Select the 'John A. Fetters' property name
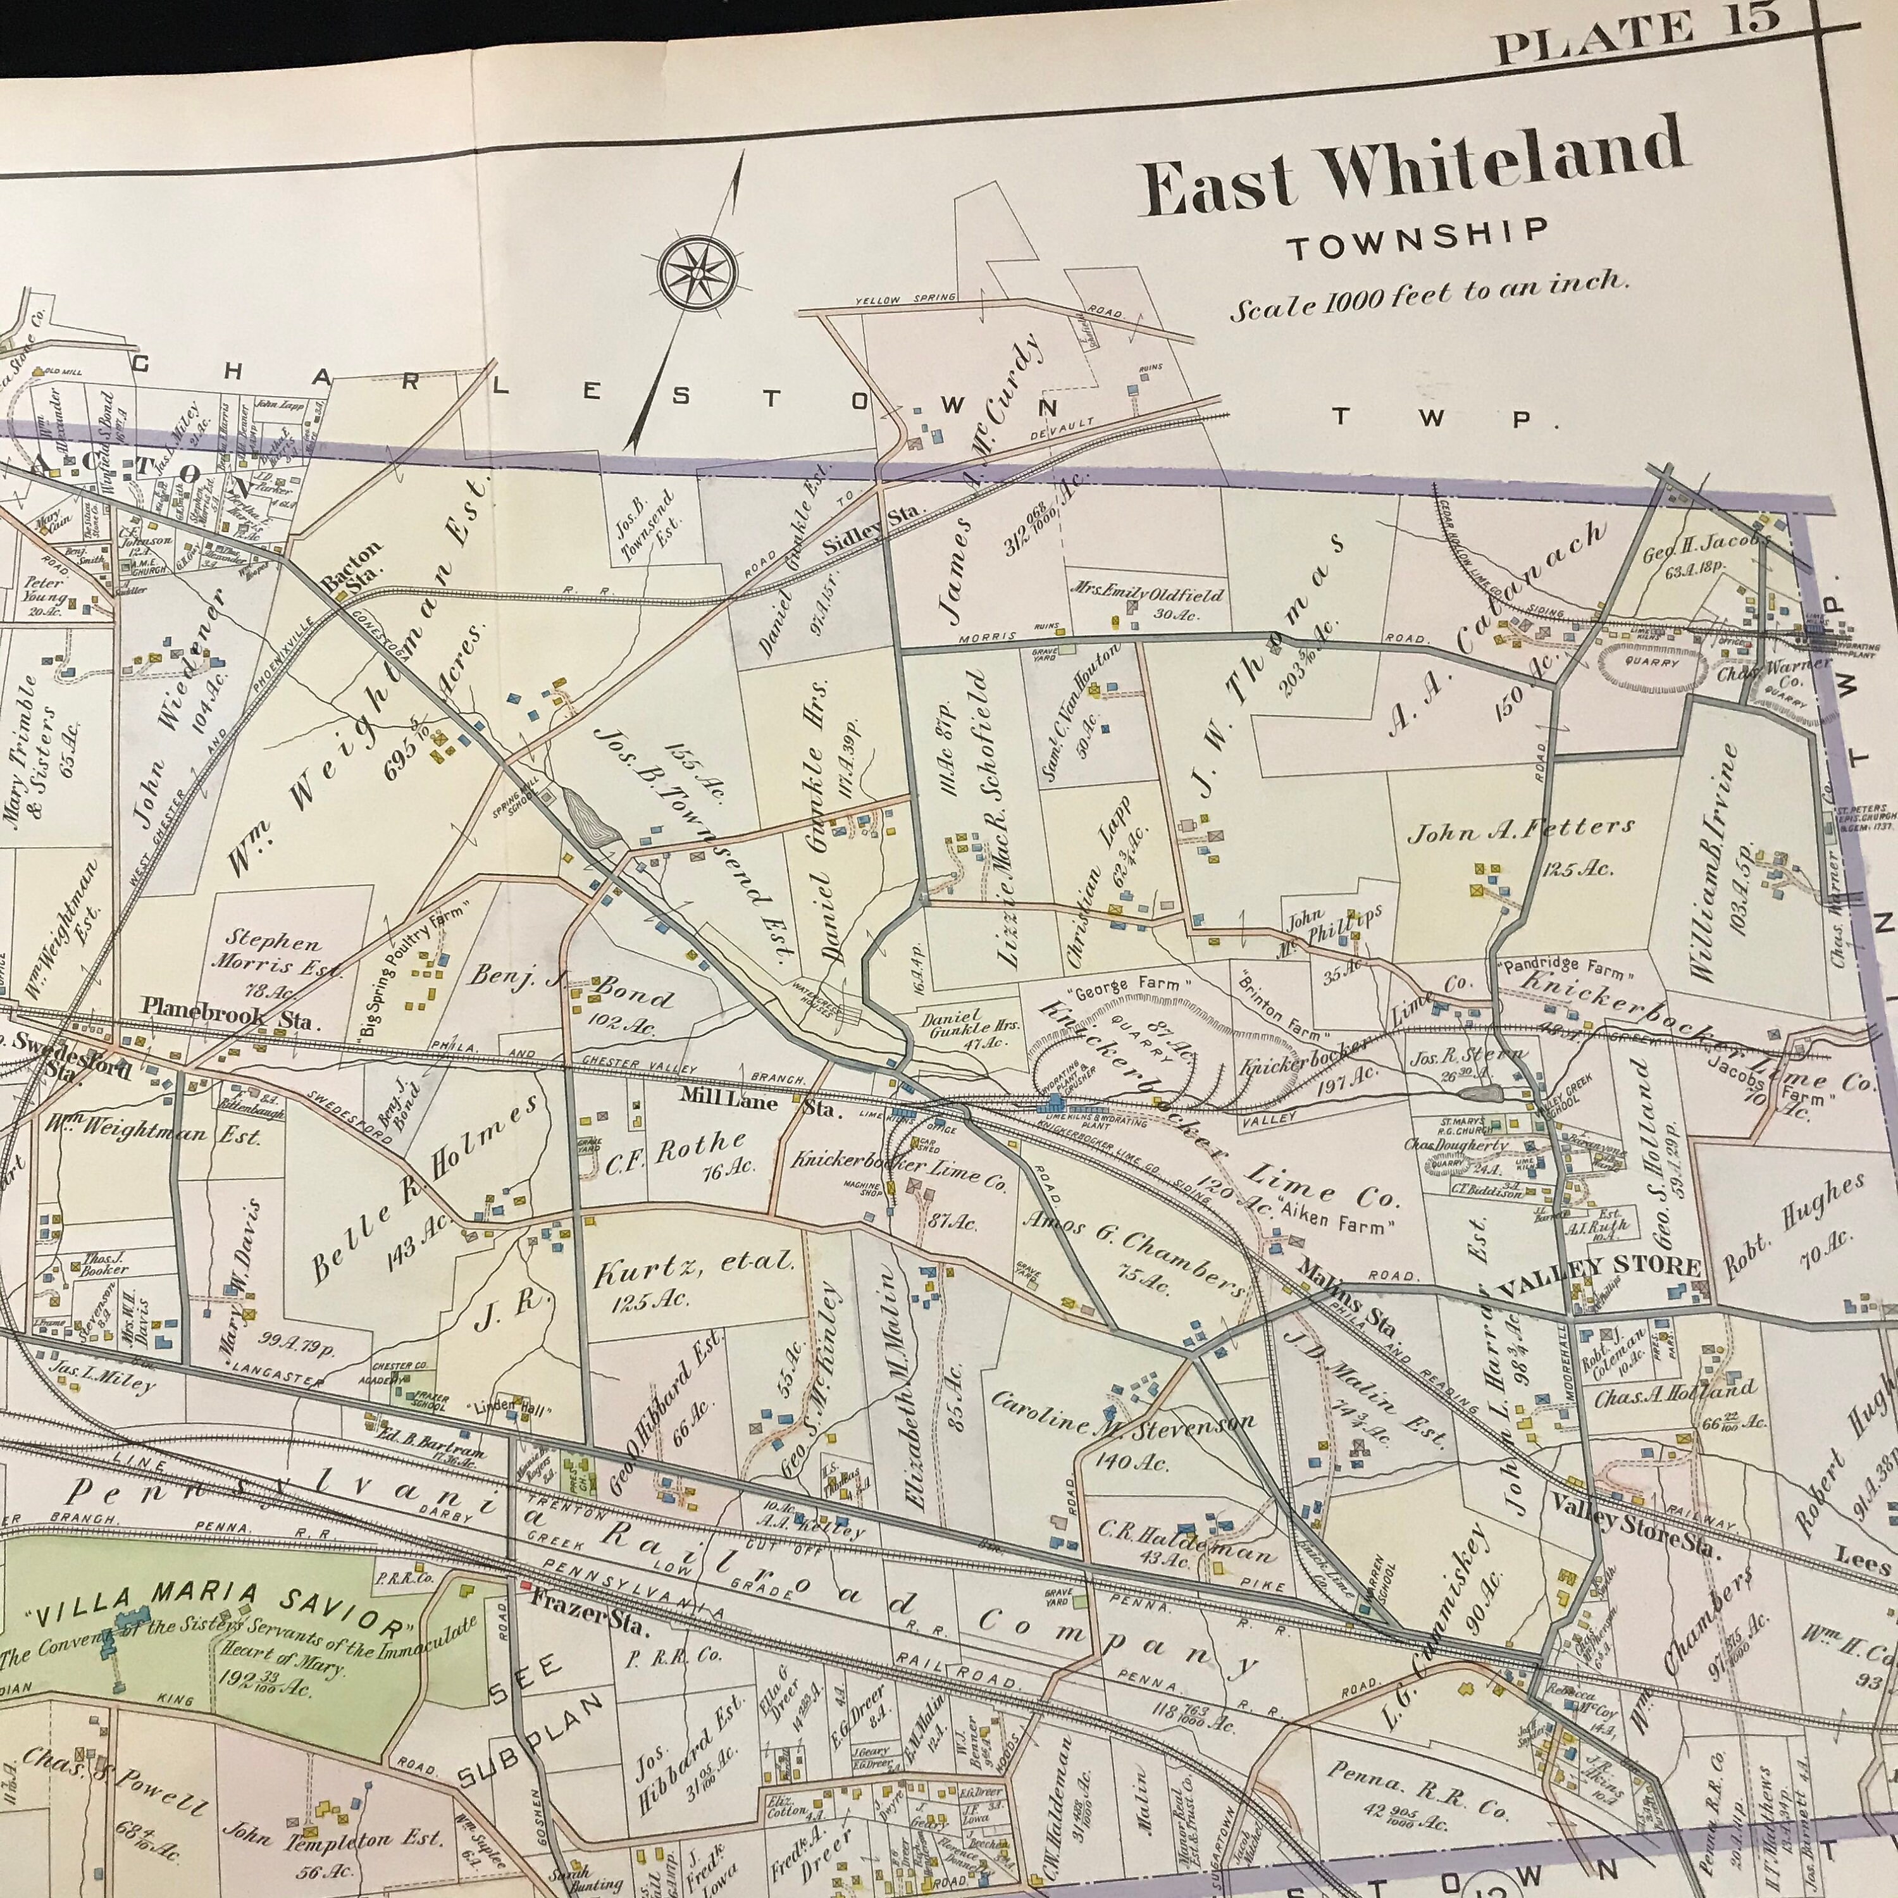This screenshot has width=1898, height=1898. pos(1521,830)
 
